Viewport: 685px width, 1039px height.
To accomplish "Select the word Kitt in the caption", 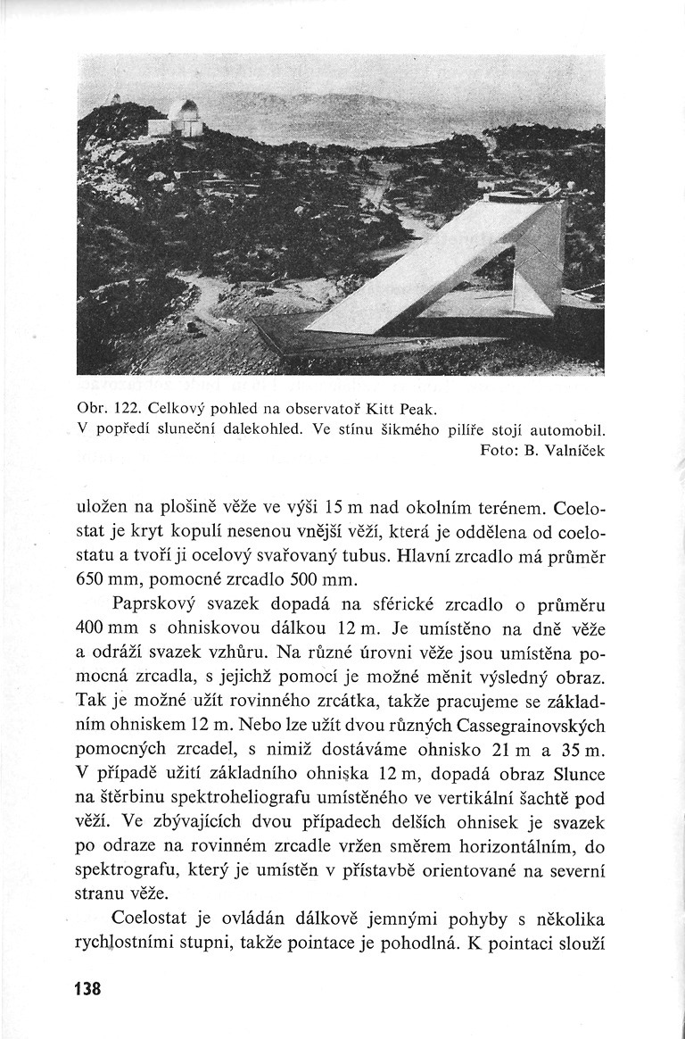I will click(376, 410).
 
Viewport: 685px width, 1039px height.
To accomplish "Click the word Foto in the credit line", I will click(495, 451).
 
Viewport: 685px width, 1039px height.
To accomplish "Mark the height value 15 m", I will click(342, 511).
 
